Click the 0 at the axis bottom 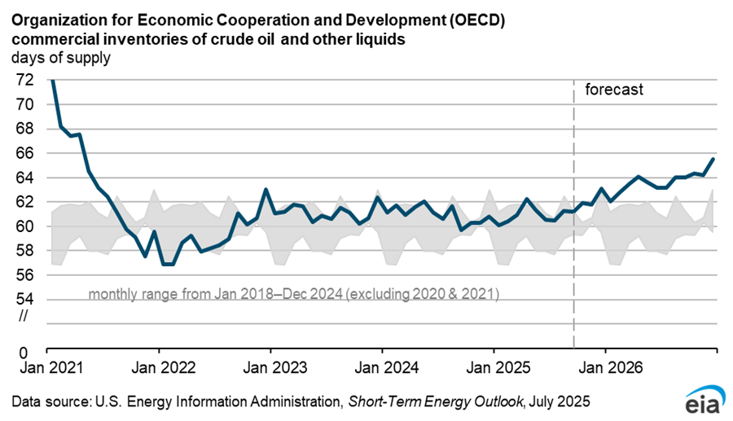27,353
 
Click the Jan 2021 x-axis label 47,367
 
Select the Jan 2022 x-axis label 159,367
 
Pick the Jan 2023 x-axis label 270,367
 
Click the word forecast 614,90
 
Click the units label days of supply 61,58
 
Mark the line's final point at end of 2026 714,159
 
